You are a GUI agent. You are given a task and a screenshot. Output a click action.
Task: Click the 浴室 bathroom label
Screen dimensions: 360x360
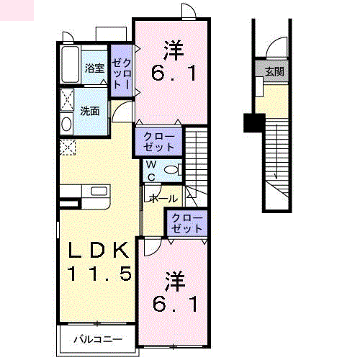click(95, 68)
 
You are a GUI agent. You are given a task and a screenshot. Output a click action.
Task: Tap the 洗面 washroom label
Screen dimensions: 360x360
click(90, 111)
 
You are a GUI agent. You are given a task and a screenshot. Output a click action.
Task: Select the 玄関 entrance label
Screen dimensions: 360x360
click(274, 72)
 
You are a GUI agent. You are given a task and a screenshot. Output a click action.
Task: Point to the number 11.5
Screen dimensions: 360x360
click(99, 274)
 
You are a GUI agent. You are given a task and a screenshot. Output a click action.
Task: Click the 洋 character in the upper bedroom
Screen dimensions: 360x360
click(174, 50)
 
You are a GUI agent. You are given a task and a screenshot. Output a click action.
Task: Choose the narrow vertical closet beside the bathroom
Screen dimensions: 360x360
click(120, 68)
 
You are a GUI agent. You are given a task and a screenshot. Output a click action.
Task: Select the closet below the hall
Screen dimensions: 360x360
click(187, 223)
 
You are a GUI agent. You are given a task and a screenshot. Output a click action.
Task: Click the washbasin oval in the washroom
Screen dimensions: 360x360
click(67, 124)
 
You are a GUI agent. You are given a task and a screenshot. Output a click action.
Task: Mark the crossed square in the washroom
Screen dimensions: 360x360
click(67, 99)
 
